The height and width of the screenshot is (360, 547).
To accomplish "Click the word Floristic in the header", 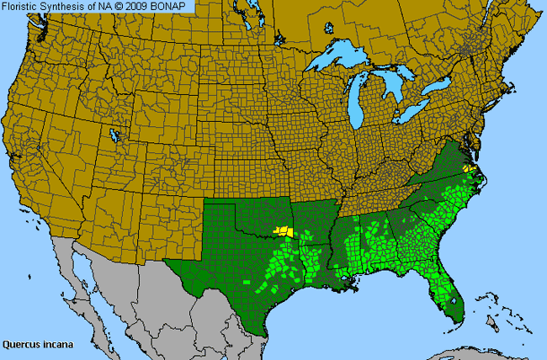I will [20, 7].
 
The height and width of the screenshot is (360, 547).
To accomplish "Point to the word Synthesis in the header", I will [62, 7].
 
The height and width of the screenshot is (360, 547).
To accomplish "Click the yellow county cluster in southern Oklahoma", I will [283, 230].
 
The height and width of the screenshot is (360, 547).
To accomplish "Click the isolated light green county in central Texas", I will [247, 281].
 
